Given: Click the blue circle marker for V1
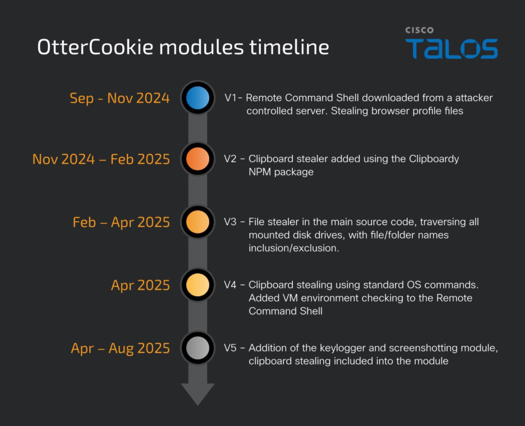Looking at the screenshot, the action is point(197,98).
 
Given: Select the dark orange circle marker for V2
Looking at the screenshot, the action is point(197,158).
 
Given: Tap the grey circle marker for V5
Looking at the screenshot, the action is point(197,348).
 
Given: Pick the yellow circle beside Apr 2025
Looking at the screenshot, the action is point(197,285).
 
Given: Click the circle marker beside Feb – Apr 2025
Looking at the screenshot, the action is point(197,222).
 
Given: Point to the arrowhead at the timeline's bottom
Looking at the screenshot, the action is point(197,394).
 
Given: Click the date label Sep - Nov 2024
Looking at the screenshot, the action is point(119,98).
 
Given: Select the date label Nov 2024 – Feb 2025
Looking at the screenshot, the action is point(101,159).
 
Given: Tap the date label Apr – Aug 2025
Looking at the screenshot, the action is point(121,349).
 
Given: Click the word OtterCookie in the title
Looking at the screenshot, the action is point(95,47).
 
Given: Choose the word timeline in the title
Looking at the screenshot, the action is point(289,47).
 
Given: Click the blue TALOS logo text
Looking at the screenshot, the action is point(452,49).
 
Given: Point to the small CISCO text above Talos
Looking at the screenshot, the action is point(420,30).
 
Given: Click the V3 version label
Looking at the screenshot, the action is point(230,222).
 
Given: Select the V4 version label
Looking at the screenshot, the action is point(230,285).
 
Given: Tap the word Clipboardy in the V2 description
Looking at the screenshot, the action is point(434,159).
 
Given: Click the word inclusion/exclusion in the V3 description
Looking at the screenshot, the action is point(294,248).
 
